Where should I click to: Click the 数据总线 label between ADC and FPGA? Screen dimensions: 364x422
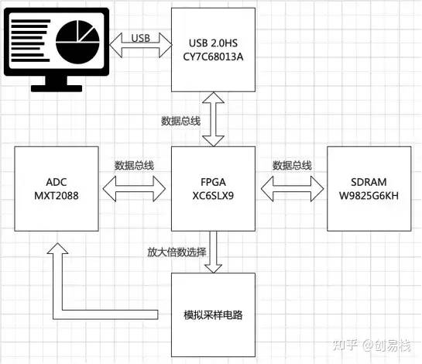tap(133, 165)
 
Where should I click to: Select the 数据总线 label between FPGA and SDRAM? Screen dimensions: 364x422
tap(292, 165)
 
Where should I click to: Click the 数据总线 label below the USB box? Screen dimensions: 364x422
tap(180, 121)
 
